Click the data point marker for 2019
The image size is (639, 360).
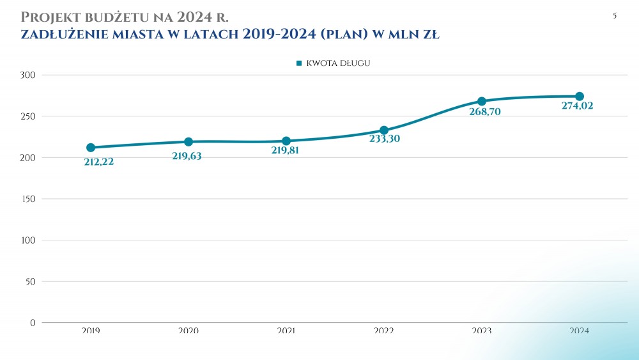tap(91, 148)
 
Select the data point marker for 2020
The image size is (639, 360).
tap(189, 142)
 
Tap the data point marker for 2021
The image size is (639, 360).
tap(286, 141)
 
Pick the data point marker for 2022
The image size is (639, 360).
tap(384, 130)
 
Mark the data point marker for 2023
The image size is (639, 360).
tap(482, 101)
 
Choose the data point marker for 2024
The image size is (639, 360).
tap(580, 97)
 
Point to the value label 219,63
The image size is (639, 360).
tap(187, 155)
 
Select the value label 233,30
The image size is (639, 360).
tap(385, 139)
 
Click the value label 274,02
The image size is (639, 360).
tap(577, 106)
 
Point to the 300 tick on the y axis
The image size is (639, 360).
tap(28, 75)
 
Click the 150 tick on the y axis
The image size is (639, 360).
tap(28, 199)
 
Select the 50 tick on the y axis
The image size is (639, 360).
tap(30, 281)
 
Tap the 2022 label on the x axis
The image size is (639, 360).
tap(384, 331)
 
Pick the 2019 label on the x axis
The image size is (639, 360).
tap(91, 331)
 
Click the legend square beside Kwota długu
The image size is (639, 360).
tap(299, 63)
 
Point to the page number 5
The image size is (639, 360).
tap(615, 16)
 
